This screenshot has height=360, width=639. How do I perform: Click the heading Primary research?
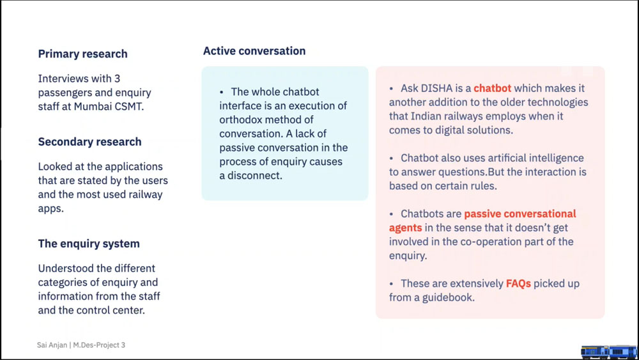click(x=82, y=54)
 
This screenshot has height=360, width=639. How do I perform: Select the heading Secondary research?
click(x=89, y=141)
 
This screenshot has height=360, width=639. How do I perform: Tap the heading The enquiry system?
click(x=89, y=244)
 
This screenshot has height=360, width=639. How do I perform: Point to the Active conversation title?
click(x=254, y=51)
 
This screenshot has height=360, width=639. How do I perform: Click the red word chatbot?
click(x=492, y=88)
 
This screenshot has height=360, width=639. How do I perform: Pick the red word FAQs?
click(x=518, y=283)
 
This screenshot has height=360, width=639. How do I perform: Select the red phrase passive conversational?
click(x=520, y=214)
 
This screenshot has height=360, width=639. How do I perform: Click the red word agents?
click(x=406, y=228)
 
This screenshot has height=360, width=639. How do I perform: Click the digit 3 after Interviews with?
click(x=117, y=78)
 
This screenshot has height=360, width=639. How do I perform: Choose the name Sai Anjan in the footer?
click(x=52, y=345)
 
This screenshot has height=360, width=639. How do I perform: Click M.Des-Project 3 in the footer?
click(x=99, y=345)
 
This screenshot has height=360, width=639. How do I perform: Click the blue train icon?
click(x=609, y=352)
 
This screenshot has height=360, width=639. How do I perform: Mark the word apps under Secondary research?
click(x=51, y=208)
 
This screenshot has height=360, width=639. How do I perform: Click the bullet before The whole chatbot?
click(x=221, y=93)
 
